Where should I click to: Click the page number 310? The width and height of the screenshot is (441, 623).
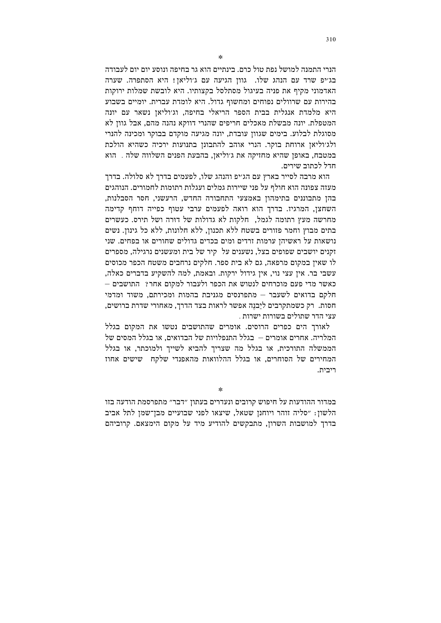click(331, 40)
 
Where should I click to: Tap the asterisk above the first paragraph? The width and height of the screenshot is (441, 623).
click(221, 57)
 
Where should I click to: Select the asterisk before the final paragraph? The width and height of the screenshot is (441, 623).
click(221, 390)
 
